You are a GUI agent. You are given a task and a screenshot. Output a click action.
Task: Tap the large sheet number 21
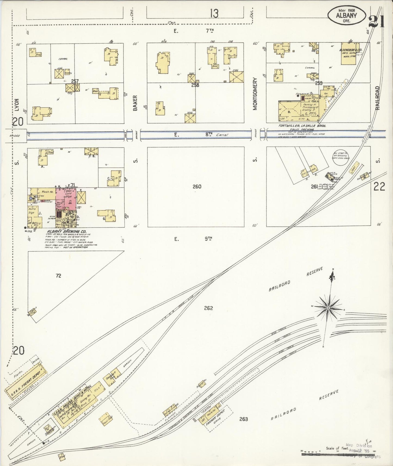pyautogui.click(x=377, y=22)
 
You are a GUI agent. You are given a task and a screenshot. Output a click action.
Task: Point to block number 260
pyautogui.click(x=197, y=187)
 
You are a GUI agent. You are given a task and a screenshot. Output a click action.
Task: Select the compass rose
pyautogui.click(x=329, y=308)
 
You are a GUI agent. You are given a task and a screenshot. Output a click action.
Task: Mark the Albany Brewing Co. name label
pyautogui.click(x=61, y=232)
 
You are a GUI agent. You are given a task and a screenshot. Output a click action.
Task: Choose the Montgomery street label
pyautogui.click(x=255, y=94)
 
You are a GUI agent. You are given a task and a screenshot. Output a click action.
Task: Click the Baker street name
pyautogui.click(x=135, y=103)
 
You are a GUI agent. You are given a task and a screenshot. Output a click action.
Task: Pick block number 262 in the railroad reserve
pyautogui.click(x=208, y=308)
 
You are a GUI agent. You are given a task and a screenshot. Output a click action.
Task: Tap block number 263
pyautogui.click(x=243, y=419)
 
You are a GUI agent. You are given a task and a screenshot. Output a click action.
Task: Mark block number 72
pyautogui.click(x=58, y=276)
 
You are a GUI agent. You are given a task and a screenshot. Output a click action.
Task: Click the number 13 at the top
pyautogui.click(x=214, y=13)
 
